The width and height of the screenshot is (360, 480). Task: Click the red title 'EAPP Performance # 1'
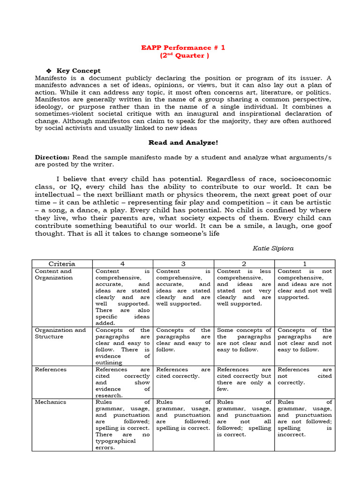click(x=183, y=48)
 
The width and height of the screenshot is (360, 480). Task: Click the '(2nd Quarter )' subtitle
click(x=183, y=55)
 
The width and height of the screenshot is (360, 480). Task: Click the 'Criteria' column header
click(x=62, y=263)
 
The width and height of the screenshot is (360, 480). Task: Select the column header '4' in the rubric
click(x=123, y=263)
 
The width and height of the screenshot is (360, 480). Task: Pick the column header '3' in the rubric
click(x=183, y=263)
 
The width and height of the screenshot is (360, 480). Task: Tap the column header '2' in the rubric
click(x=244, y=263)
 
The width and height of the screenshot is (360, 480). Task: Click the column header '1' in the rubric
click(x=305, y=263)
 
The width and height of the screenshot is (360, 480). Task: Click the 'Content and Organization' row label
click(x=53, y=274)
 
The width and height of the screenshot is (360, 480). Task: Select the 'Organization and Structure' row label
click(x=60, y=333)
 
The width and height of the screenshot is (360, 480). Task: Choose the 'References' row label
click(x=50, y=369)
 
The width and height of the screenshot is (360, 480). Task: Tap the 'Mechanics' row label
click(x=50, y=402)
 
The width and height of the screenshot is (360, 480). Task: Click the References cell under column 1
click(x=305, y=376)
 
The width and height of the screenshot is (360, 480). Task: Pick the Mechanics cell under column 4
click(x=123, y=425)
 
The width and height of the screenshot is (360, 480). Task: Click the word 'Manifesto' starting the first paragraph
click(x=51, y=78)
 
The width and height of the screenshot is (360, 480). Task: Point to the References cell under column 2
click(x=244, y=379)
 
